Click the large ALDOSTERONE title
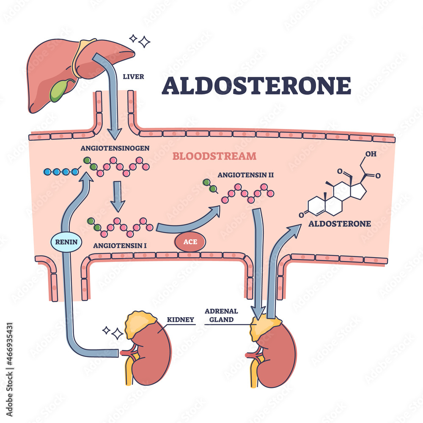tap(256, 85)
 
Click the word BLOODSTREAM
tap(214, 156)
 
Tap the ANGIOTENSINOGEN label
tap(111, 148)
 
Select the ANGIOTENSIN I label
tap(118, 244)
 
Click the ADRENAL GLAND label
tap(221, 315)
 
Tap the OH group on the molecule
tap(370, 154)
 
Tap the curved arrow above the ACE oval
tap(190, 220)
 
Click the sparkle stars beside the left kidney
tap(113, 332)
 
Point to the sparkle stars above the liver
tap(141, 41)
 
